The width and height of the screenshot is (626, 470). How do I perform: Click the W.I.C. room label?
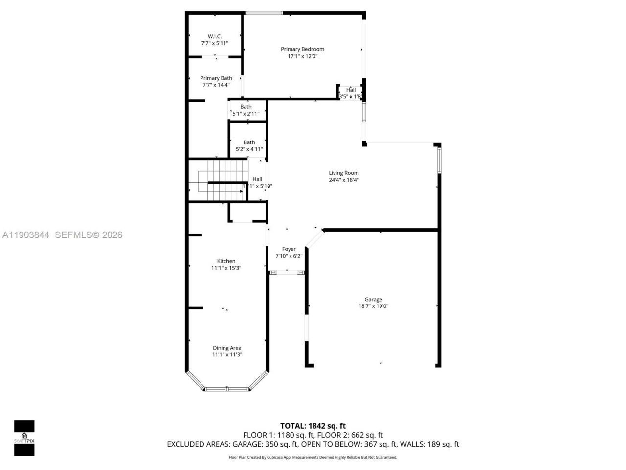(215, 36)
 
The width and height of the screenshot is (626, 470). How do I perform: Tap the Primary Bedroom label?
(302, 49)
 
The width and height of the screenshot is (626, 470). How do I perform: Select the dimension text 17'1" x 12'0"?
(302, 57)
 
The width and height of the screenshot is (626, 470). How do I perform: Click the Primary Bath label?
(216, 78)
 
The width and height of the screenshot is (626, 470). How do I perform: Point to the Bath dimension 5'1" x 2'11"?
(246, 114)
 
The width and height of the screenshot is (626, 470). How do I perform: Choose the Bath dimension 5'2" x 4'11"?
(249, 149)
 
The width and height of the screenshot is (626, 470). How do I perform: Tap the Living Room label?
(343, 173)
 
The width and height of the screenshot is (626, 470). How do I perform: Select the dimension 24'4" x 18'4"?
(343, 180)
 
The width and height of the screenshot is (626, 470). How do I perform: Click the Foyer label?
(289, 249)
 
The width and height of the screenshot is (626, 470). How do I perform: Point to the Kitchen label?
(226, 261)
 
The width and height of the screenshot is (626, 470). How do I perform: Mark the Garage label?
(373, 300)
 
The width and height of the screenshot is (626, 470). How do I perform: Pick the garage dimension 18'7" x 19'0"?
(373, 306)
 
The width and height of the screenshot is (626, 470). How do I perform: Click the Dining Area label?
(227, 348)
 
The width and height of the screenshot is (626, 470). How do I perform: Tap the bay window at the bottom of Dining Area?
(227, 389)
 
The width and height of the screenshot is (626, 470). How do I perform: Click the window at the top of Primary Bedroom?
(263, 13)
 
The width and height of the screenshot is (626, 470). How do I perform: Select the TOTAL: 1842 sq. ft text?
(313, 426)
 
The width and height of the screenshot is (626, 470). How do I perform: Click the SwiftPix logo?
(24, 438)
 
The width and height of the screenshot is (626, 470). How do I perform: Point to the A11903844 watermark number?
(26, 235)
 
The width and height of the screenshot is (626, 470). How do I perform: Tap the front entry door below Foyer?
(287, 272)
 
